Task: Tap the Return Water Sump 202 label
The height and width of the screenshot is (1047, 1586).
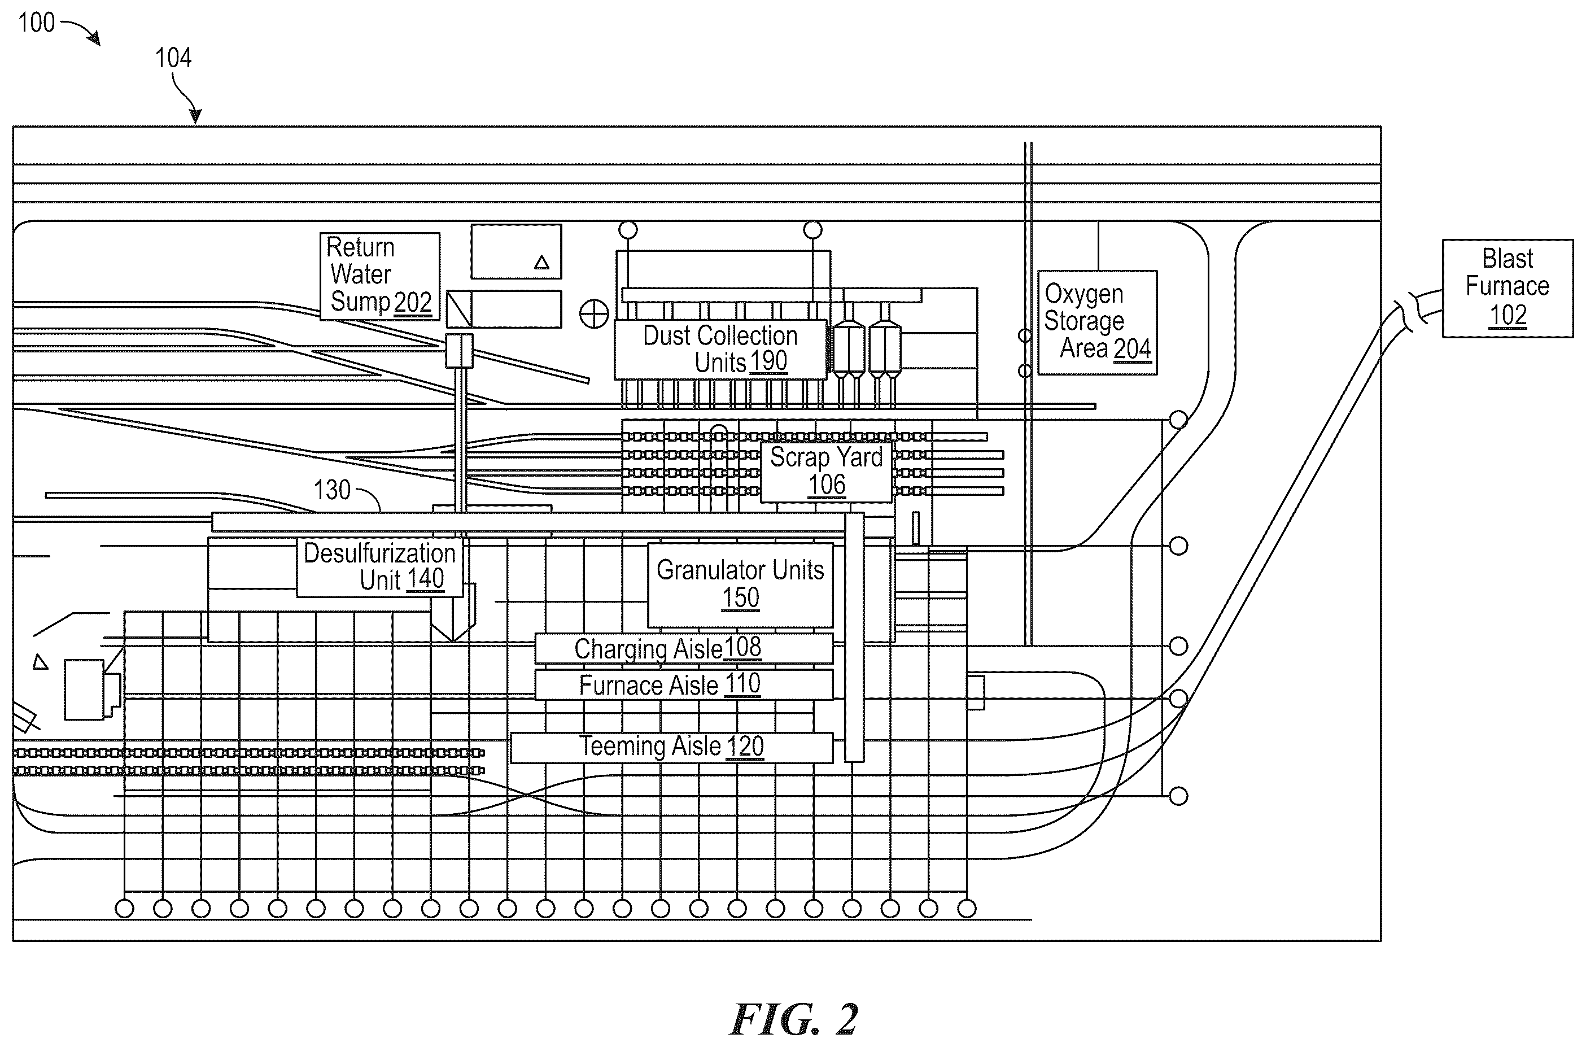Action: tap(379, 275)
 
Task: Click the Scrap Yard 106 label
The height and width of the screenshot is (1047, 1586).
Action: tap(827, 472)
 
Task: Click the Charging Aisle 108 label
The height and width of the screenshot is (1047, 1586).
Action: tap(668, 648)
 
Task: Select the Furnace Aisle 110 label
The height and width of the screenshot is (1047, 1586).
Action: tap(670, 685)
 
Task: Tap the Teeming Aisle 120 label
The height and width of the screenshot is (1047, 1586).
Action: tap(671, 747)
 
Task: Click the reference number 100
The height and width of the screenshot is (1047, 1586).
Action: tap(36, 23)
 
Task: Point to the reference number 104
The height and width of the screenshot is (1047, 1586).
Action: tap(173, 58)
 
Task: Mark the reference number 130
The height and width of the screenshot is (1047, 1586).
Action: tap(332, 490)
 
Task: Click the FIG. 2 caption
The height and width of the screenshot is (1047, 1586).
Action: tap(794, 1019)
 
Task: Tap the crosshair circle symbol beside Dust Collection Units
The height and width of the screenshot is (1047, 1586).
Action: tap(593, 314)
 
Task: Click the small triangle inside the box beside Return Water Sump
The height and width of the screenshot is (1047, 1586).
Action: tap(541, 263)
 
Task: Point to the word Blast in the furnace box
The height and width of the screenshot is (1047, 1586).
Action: tap(1507, 259)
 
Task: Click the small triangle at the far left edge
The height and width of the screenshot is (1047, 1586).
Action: tap(41, 662)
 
